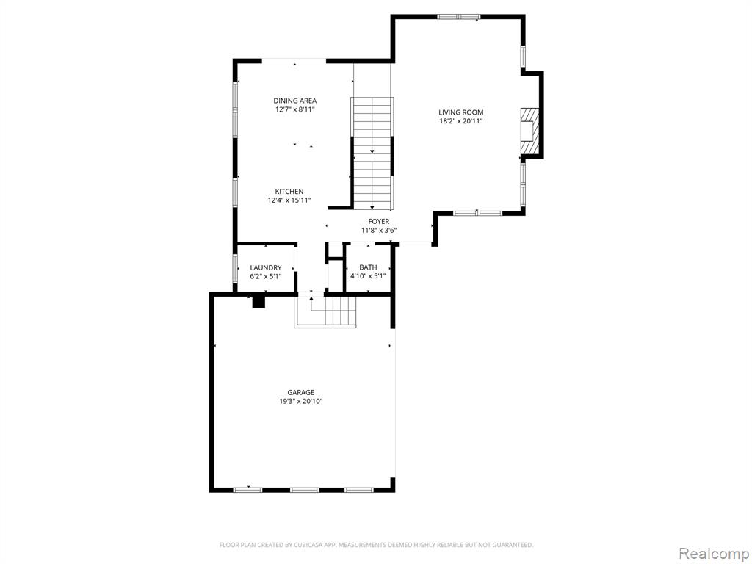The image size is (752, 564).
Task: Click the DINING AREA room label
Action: [295, 101]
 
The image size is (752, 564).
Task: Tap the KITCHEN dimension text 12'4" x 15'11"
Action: [289, 200]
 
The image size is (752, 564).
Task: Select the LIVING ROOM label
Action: [461, 112]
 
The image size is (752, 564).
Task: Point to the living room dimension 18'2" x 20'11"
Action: [461, 121]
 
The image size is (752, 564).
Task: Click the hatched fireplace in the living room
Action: [530, 131]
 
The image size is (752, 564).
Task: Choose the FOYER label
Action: [379, 221]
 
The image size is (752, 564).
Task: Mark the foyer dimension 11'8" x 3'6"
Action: [379, 230]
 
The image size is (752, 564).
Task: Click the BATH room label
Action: [369, 267]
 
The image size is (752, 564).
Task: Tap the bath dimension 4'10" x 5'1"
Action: [368, 276]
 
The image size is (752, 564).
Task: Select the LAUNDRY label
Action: [266, 267]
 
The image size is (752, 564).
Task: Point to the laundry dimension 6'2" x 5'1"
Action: [266, 276]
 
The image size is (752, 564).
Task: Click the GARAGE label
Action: [301, 392]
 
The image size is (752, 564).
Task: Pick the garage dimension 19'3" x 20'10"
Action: [301, 401]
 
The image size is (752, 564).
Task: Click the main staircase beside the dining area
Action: [372, 153]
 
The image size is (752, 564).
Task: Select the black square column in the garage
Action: [259, 302]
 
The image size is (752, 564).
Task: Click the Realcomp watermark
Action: [714, 554]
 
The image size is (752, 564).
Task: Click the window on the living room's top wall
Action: [458, 17]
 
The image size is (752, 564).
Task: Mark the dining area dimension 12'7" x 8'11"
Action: [295, 109]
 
